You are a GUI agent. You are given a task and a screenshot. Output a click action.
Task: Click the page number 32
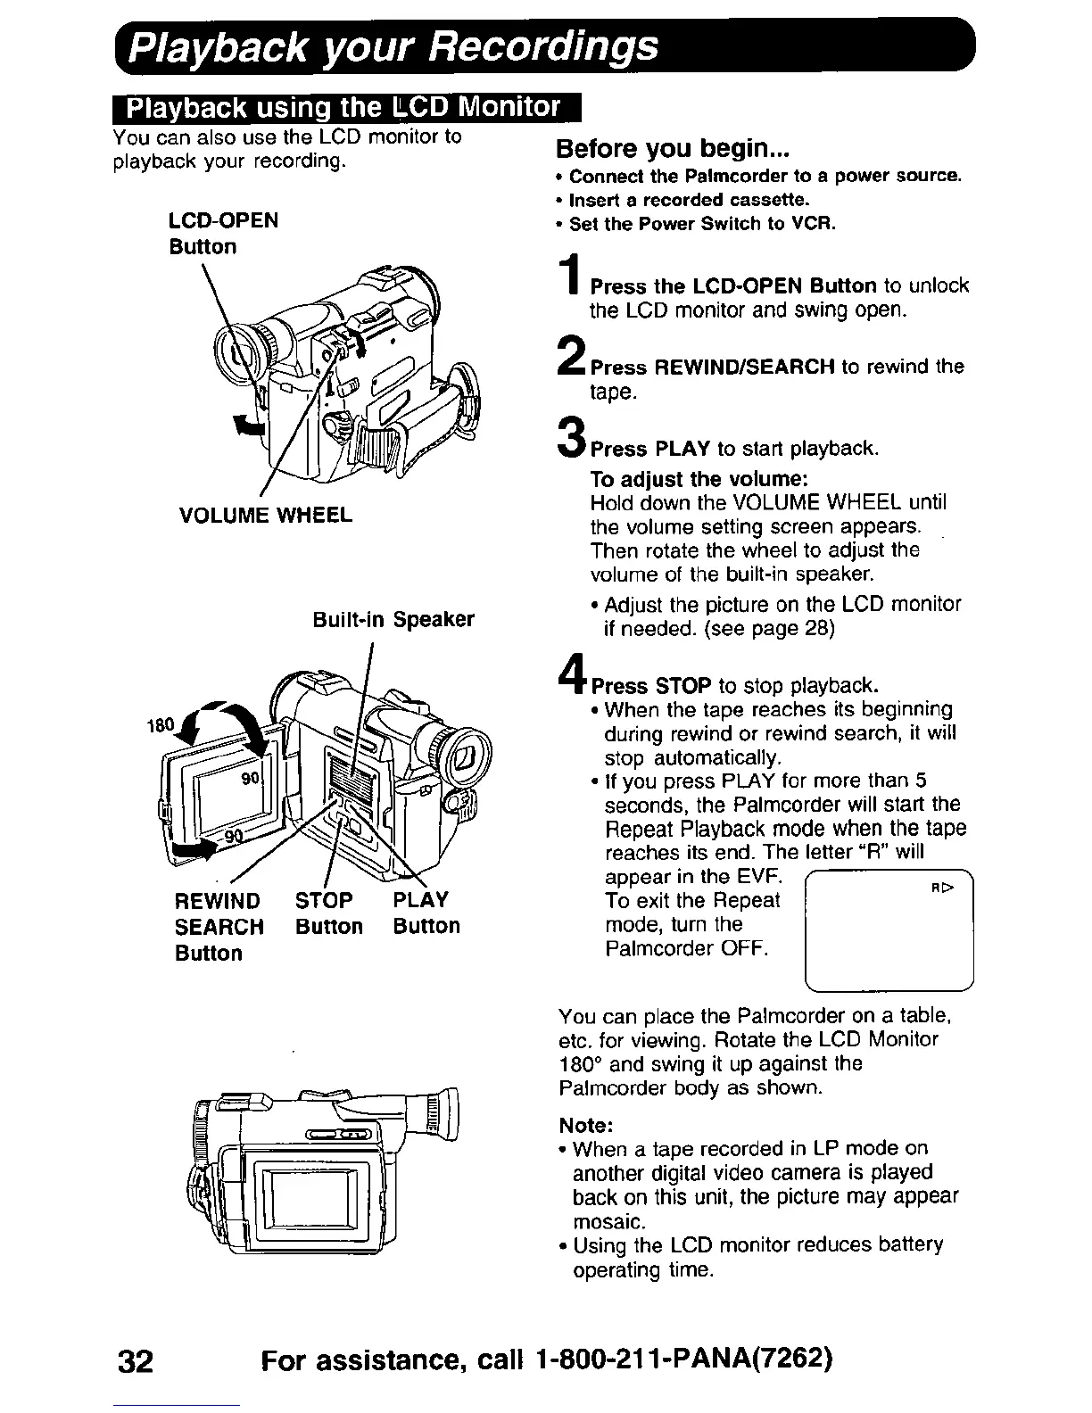136,1362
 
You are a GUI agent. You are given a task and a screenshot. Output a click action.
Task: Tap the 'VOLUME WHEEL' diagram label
265,516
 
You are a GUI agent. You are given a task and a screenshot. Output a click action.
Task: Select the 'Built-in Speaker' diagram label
393,620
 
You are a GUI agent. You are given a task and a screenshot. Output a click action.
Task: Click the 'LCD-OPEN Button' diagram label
223,234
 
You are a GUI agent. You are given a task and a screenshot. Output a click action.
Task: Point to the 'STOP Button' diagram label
328,913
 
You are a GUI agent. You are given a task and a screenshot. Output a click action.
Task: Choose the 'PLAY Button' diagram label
426,913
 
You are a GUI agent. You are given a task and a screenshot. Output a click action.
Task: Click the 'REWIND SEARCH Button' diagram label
219,926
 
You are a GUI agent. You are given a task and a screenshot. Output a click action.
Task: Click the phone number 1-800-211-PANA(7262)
685,1362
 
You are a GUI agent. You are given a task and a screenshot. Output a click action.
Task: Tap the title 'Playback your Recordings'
393,46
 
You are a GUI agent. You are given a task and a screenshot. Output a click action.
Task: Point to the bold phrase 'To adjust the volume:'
685,478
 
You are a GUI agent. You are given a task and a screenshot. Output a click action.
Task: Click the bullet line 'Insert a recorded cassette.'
688,200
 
